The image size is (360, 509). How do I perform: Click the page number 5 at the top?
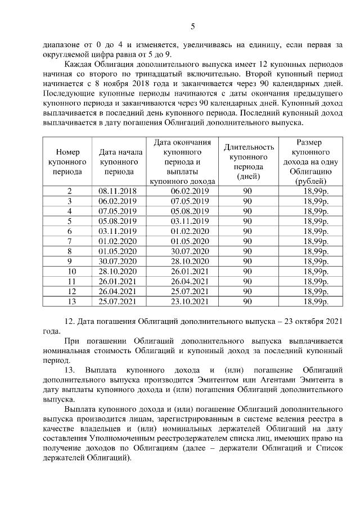tap(193, 26)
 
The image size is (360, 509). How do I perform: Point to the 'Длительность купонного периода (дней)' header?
tap(247, 161)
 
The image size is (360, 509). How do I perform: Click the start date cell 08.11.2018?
tap(118, 191)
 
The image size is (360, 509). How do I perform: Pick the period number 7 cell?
tap(69, 241)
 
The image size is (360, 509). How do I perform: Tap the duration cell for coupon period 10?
tap(247, 272)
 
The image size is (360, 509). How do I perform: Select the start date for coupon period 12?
tap(118, 292)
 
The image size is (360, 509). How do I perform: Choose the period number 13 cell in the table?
tap(69, 302)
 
